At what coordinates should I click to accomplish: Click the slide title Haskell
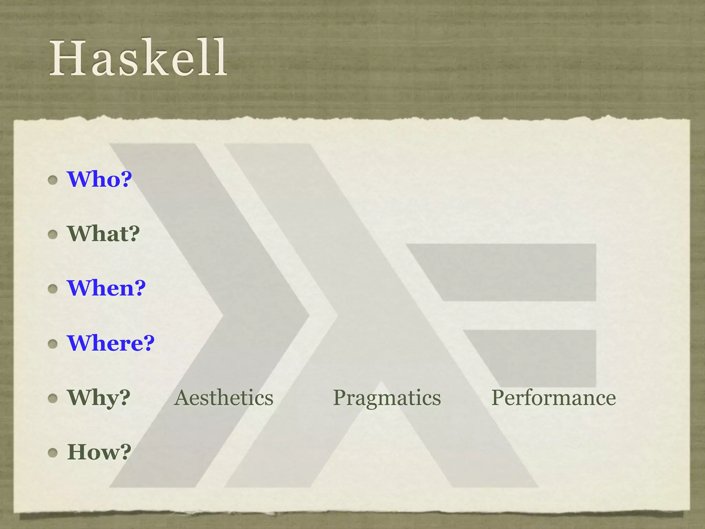(138, 58)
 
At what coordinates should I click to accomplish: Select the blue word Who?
(99, 179)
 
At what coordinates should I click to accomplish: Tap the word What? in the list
(104, 234)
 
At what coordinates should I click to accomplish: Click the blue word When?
(106, 288)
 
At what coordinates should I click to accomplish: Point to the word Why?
(99, 398)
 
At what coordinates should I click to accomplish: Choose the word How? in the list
(99, 452)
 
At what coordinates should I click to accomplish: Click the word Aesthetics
(224, 398)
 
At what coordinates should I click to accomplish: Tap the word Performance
(554, 398)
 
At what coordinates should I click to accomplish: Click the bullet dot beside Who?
(53, 180)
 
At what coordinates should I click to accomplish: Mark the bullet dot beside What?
(53, 235)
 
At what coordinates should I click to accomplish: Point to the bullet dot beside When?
(53, 289)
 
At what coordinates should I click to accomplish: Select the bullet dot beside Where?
(53, 343)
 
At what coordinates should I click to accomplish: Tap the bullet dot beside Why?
(53, 398)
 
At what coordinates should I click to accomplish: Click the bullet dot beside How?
(53, 453)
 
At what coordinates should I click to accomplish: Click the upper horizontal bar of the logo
(516, 272)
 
